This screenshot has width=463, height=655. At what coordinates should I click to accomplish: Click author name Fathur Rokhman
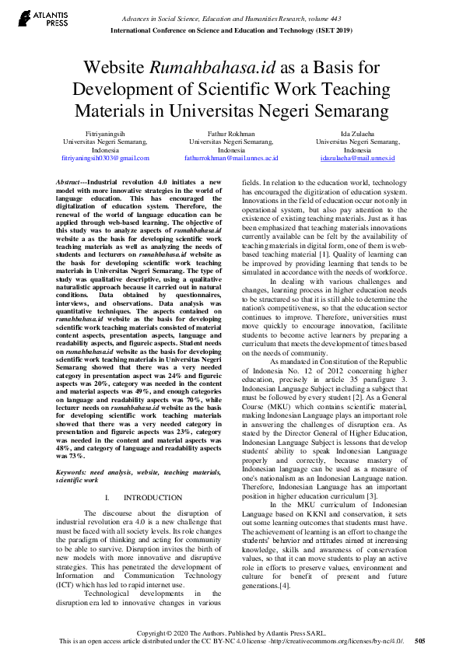point(230,135)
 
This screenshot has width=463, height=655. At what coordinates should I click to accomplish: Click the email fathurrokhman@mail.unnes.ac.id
point(231,158)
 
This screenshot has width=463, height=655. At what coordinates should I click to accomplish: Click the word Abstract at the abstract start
point(68,180)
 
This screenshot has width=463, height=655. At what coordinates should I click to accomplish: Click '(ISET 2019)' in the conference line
point(333,31)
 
